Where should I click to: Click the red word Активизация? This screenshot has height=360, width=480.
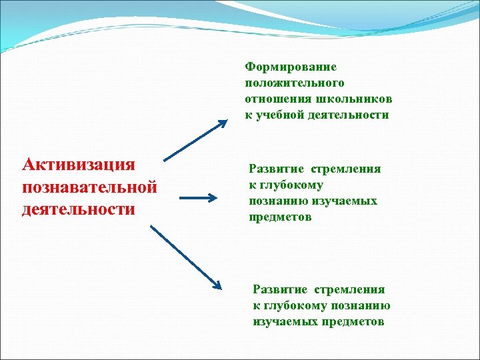pos(79,165)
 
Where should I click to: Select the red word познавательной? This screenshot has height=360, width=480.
pos(89,187)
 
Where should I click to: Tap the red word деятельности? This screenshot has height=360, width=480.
pos(79,209)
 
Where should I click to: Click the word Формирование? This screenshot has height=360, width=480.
pos(291,67)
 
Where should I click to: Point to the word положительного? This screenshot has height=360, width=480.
pos(295,83)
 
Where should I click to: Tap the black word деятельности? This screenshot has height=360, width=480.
pos(352,115)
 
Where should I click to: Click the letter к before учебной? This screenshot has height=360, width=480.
pos(249,115)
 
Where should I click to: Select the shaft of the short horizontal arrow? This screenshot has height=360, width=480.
pos(195,197)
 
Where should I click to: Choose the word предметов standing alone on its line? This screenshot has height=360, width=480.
pos(280,217)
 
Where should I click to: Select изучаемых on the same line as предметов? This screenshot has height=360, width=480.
pos(280,321)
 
